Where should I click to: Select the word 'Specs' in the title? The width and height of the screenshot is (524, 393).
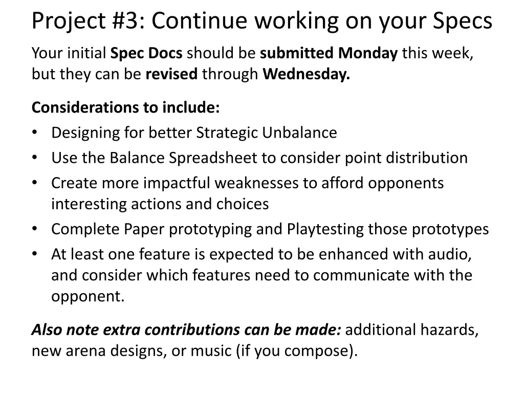(463, 20)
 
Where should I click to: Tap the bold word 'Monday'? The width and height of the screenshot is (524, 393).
(368, 53)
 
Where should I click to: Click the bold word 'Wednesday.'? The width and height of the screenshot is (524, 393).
(307, 75)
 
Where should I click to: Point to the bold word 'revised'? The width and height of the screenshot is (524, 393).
(171, 75)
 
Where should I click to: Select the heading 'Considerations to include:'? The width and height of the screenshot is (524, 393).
(126, 107)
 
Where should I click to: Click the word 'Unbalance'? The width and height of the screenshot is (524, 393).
(299, 133)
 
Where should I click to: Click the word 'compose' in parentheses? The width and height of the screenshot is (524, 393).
(317, 352)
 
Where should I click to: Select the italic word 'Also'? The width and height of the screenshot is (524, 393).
(47, 330)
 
